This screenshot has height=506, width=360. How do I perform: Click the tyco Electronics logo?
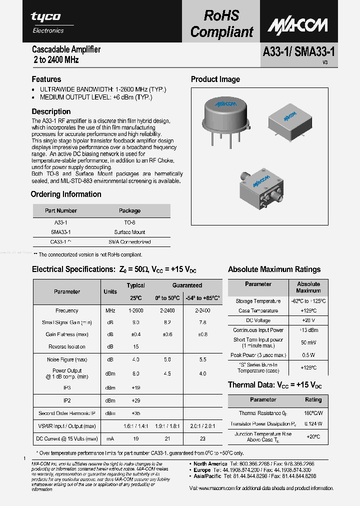[47, 22]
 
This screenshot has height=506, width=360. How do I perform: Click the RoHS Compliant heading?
[221, 23]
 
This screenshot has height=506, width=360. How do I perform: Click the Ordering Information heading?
[66, 194]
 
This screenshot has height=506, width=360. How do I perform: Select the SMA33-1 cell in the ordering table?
[61, 232]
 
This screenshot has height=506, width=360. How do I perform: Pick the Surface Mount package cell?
[129, 232]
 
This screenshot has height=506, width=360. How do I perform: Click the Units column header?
[110, 291]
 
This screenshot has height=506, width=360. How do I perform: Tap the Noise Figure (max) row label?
[67, 359]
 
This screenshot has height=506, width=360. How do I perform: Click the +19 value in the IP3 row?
[135, 387]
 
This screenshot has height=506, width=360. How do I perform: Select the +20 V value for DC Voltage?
[308, 320]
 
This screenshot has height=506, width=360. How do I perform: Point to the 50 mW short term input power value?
[308, 342]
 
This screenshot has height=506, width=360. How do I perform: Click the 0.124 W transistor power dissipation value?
[312, 423]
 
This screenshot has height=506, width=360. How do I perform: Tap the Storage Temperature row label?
[258, 301]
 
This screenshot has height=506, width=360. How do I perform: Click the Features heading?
[46, 79]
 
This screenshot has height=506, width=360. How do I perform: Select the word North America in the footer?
[210, 464]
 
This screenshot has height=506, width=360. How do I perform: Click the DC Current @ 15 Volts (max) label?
[67, 439]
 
